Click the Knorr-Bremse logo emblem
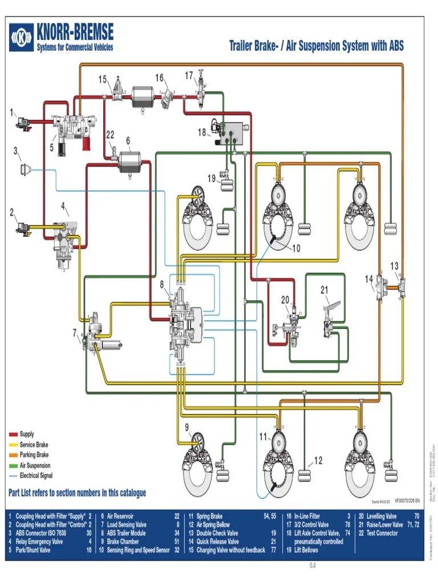pos(22,39)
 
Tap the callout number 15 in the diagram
pos(103,79)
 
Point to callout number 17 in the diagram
pos(189,75)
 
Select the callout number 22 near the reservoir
pos(110,135)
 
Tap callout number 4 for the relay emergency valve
pos(64,205)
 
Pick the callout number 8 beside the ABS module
pos(162,283)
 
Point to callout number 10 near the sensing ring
pos(296,248)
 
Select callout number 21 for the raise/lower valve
pos(325,290)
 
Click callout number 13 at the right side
pos(395,266)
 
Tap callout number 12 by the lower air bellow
pos(318,460)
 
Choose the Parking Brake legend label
pos(34,455)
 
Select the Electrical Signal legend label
pos(36,476)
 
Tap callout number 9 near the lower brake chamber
pos(186,427)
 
